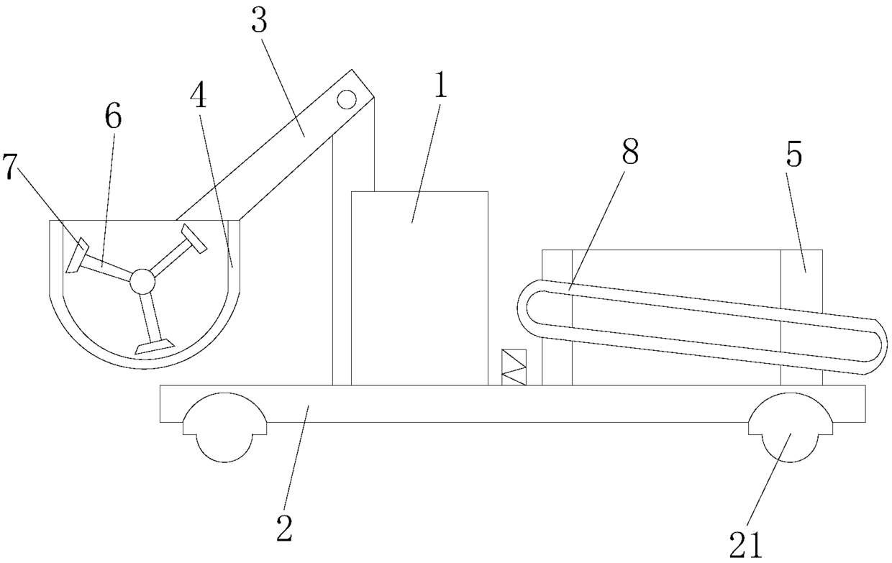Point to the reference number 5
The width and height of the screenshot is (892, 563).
793,156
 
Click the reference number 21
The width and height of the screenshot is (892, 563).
745,546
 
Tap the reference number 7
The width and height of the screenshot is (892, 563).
10,168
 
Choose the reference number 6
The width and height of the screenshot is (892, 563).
113,118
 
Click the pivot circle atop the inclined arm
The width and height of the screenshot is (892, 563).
347,99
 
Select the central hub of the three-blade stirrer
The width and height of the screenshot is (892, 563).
142,281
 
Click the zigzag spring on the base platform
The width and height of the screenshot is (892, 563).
514,367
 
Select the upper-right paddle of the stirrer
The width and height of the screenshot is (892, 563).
194,238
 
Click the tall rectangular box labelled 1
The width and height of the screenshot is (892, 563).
419,288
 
